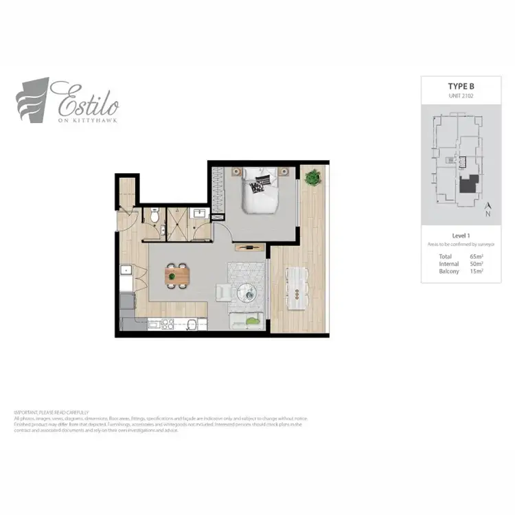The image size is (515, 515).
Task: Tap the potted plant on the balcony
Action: pyautogui.click(x=312, y=178)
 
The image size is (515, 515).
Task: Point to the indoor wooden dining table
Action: pyautogui.click(x=178, y=275)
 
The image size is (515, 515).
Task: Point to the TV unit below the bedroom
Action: pyautogui.click(x=249, y=247)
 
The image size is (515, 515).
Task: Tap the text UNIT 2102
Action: pyautogui.click(x=461, y=96)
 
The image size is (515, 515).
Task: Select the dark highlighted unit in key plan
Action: pyautogui.click(x=470, y=185)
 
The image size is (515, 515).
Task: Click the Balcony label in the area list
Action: pyautogui.click(x=449, y=271)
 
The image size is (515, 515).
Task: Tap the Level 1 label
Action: pyautogui.click(x=461, y=236)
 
